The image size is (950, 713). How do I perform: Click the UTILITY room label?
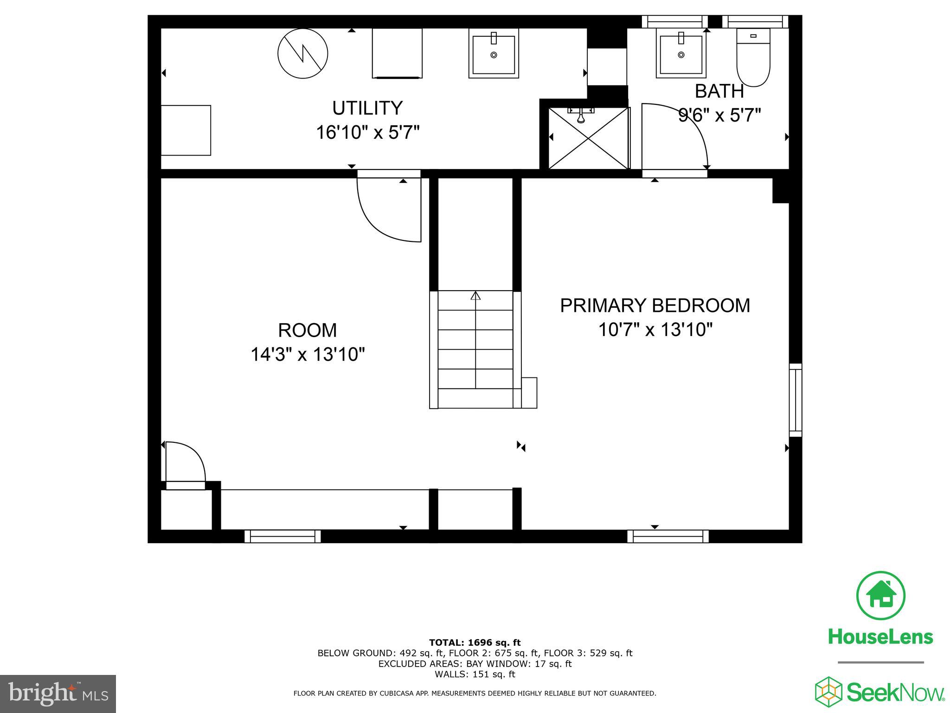(x=367, y=108)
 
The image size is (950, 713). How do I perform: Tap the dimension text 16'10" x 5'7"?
(x=367, y=133)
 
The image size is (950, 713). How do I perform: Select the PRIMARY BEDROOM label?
(x=655, y=305)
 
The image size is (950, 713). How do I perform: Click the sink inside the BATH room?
(x=681, y=53)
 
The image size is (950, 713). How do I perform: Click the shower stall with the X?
(x=588, y=138)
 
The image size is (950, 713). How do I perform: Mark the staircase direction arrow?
(x=475, y=296)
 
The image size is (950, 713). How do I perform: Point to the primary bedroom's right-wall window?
(x=795, y=400)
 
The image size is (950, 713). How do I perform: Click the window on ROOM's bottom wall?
(x=282, y=537)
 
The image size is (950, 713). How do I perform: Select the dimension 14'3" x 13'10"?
(x=308, y=355)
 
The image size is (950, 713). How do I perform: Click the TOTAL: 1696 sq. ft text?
(x=475, y=642)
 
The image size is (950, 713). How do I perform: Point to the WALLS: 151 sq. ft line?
(x=475, y=674)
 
